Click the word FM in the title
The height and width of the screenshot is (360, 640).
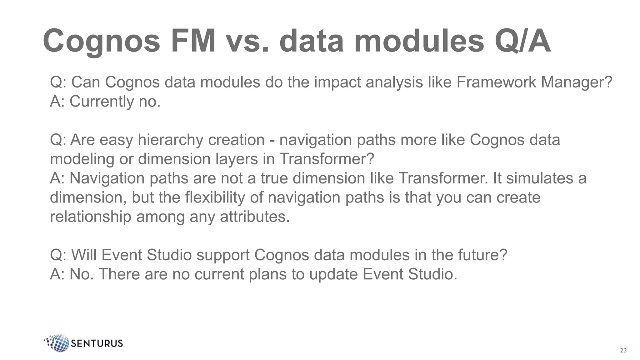click(193, 41)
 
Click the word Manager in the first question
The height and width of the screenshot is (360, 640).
click(576, 82)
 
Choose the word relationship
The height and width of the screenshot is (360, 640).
click(91, 217)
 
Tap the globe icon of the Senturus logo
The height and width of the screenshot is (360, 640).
click(58, 343)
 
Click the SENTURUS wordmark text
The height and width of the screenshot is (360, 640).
click(97, 343)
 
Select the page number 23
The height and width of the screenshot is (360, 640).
click(623, 350)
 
